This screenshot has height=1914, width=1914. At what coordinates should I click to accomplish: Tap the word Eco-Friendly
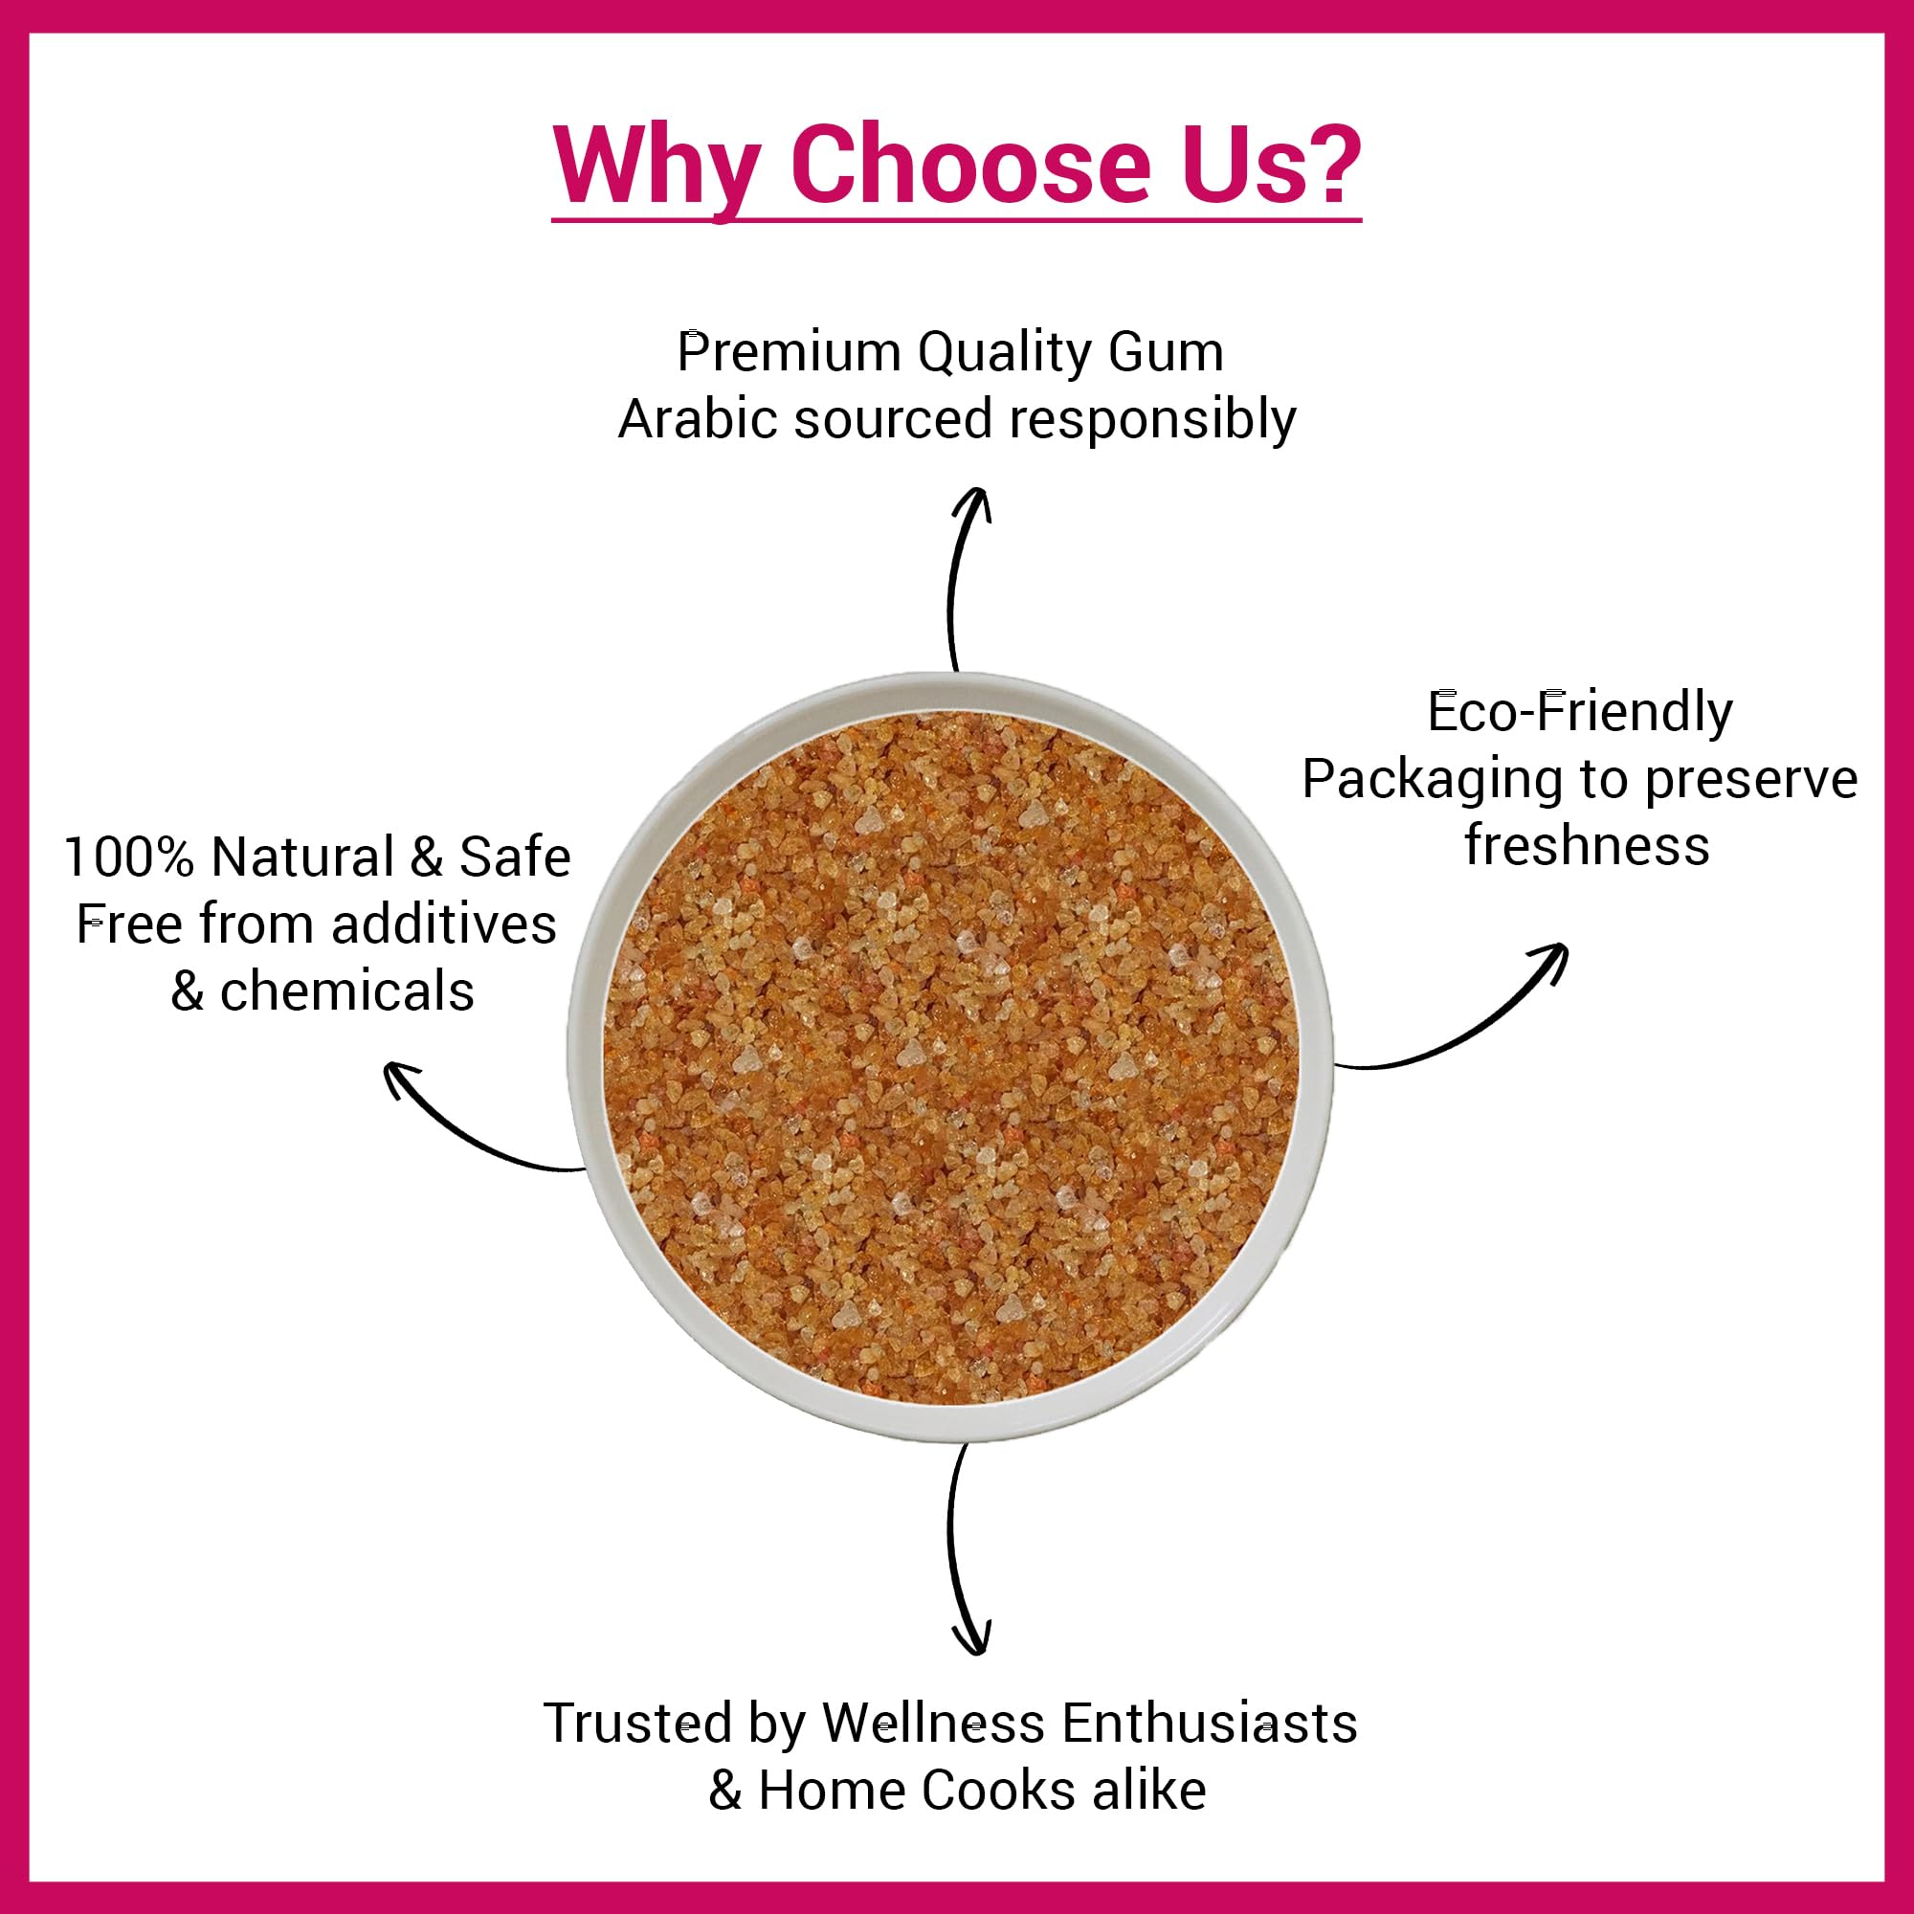click(1580, 712)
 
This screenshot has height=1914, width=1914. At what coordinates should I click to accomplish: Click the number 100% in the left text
click(130, 857)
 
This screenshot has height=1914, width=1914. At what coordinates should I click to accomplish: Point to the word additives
click(444, 924)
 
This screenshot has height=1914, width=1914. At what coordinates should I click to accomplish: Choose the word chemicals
click(346, 990)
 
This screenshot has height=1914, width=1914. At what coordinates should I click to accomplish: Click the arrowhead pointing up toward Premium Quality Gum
click(972, 501)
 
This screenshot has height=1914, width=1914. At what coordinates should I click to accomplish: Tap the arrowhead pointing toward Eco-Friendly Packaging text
click(1549, 962)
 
